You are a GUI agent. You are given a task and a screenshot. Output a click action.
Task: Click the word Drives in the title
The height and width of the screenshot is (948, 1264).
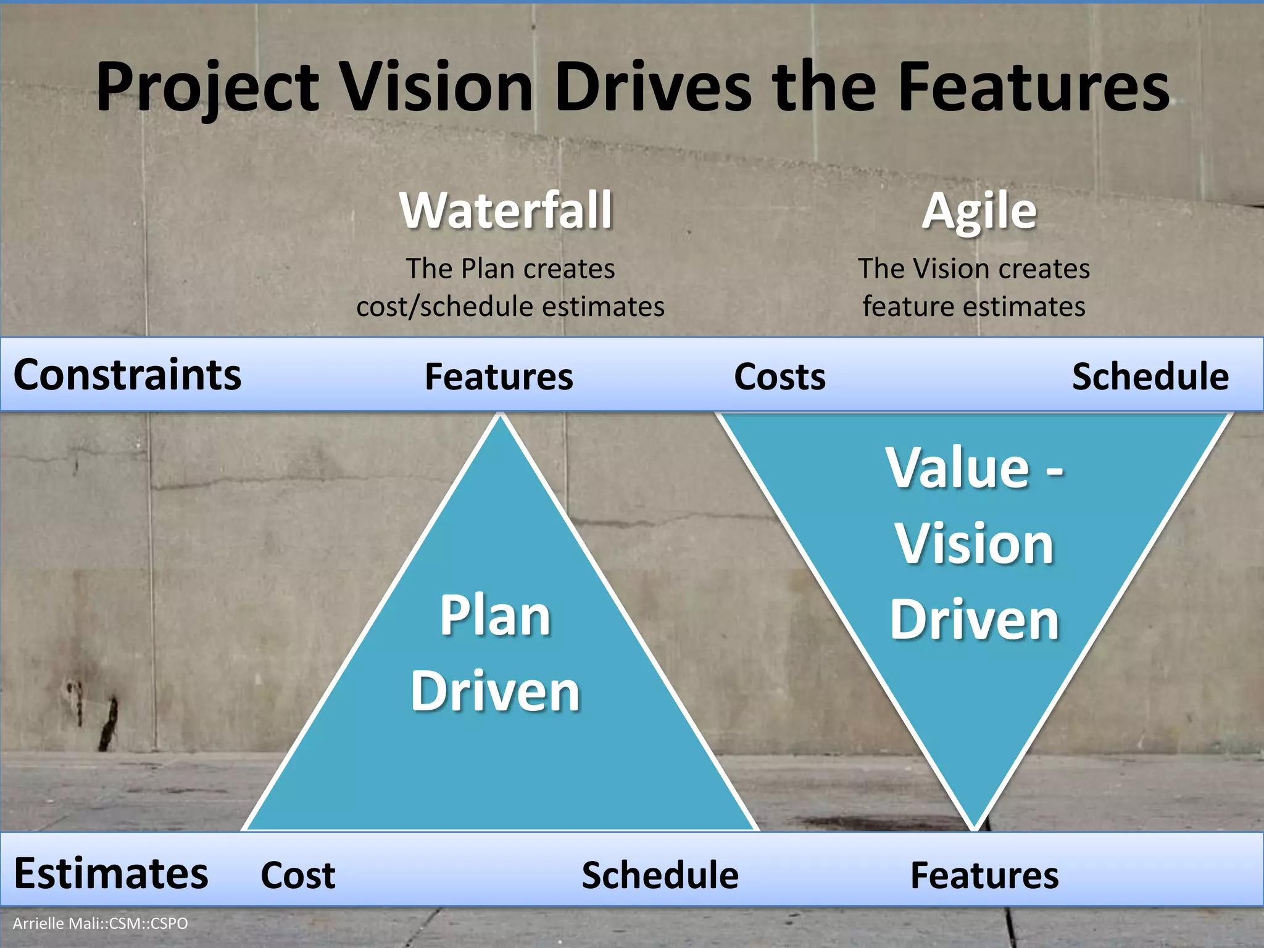[653, 88]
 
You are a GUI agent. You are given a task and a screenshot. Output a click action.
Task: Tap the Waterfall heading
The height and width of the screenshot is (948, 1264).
[506, 210]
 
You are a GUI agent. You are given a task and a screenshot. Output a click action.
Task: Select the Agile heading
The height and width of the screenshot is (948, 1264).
[979, 212]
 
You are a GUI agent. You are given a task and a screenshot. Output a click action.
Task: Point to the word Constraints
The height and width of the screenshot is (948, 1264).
[127, 375]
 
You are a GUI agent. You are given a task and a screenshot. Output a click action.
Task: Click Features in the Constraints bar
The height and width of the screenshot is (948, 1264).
[499, 376]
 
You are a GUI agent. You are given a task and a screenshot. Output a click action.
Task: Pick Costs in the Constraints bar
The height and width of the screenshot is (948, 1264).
[780, 376]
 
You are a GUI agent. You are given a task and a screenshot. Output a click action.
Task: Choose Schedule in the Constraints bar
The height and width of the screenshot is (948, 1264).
[1150, 376]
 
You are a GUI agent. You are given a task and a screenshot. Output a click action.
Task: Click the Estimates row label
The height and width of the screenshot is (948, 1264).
[111, 873]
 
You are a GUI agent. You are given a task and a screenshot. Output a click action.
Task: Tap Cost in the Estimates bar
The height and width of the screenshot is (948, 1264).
[298, 875]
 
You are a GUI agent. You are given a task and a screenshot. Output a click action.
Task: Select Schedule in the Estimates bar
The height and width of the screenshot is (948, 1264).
[660, 875]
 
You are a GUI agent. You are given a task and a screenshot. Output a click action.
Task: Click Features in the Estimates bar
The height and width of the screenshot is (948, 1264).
[984, 875]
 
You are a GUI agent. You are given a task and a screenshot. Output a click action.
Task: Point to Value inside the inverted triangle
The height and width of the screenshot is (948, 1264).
[958, 467]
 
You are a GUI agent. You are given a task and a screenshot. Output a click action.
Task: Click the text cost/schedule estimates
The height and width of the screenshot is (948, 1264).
[510, 307]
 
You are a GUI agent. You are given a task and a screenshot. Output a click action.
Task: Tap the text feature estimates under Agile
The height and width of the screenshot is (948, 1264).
[973, 307]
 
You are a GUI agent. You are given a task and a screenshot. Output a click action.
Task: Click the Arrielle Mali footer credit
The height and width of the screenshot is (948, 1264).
[101, 923]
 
